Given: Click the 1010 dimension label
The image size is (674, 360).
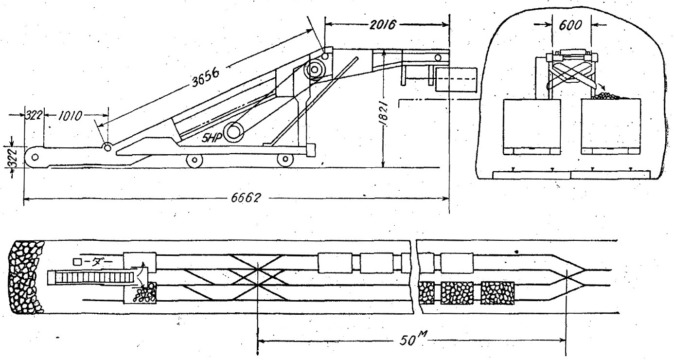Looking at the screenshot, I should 69,117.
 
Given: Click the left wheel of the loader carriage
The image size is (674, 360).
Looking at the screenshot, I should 195,159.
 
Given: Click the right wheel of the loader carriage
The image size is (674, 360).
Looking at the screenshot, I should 284,159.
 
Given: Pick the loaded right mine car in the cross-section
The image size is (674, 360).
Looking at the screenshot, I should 611,124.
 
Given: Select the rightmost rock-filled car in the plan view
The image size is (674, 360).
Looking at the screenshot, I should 497,293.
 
